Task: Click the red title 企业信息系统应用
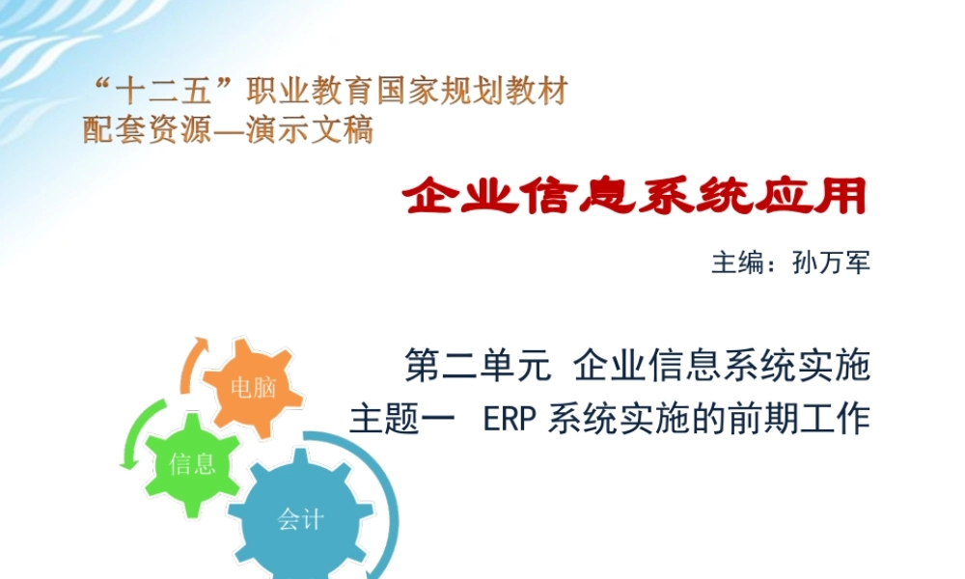coord(634,198)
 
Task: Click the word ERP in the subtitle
coord(508,421)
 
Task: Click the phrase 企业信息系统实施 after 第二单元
coord(723,367)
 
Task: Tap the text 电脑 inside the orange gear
coord(253,389)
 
